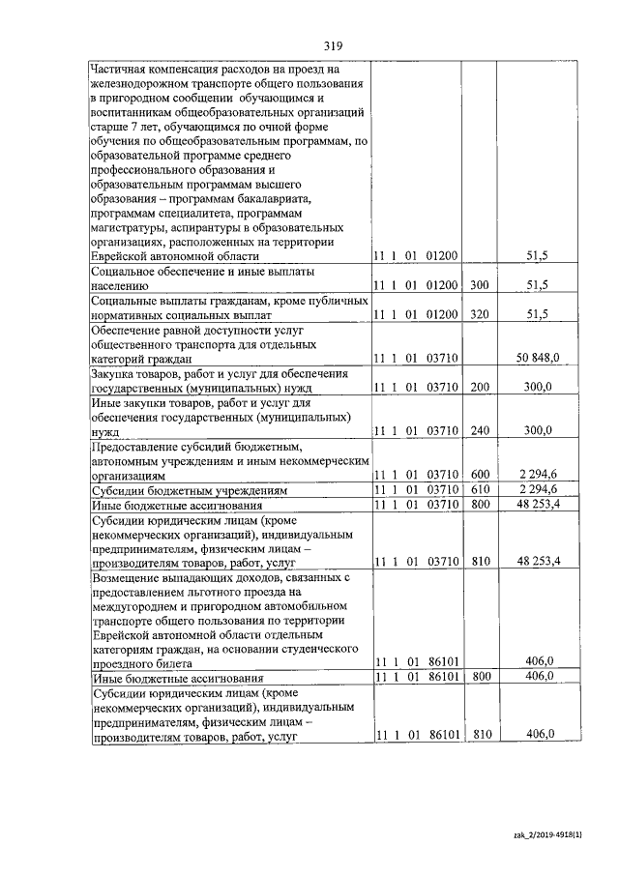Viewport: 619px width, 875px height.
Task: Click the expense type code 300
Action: coord(480,284)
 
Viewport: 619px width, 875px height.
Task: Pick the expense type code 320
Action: coord(480,314)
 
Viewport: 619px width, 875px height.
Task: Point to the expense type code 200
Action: coord(480,387)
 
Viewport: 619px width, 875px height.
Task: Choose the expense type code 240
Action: coord(480,431)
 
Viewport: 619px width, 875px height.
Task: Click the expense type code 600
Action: coord(480,475)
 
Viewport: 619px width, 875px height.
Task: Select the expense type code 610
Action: coord(480,490)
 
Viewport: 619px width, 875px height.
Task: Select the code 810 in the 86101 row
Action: coord(480,735)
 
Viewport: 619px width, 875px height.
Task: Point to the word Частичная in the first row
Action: coord(121,68)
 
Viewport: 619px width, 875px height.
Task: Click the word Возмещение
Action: coord(126,576)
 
